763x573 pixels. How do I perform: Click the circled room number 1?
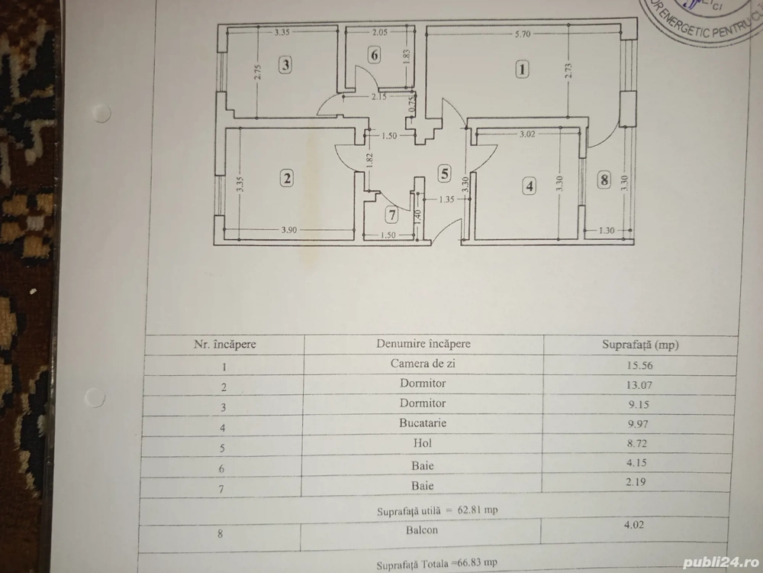coord(522,70)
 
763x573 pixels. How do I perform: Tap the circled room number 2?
coord(287,179)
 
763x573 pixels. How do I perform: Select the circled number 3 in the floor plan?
coord(285,65)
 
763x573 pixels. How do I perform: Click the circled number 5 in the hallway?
coord(445,173)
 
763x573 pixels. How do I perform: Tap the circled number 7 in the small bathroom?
coord(391,214)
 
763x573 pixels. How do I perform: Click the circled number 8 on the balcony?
coord(604,180)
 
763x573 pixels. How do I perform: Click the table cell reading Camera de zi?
coord(423,364)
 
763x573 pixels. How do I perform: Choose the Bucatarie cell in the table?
coord(423,422)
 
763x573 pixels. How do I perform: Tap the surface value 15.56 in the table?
coord(639,365)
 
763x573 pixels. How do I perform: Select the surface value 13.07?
coord(639,384)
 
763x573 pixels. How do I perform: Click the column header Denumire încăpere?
coord(423,343)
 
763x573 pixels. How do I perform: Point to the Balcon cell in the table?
coord(423,527)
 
